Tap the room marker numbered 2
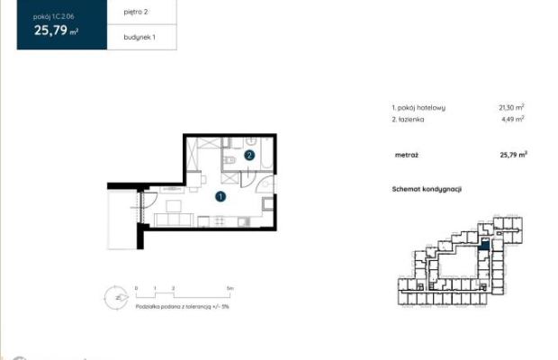pos(249,155)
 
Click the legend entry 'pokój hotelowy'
pos(421,107)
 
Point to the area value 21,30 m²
pos(512,107)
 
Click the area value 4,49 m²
pos(512,118)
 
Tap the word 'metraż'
pos(406,155)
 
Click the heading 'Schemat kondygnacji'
pos(427,189)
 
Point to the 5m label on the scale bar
pos(230,287)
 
